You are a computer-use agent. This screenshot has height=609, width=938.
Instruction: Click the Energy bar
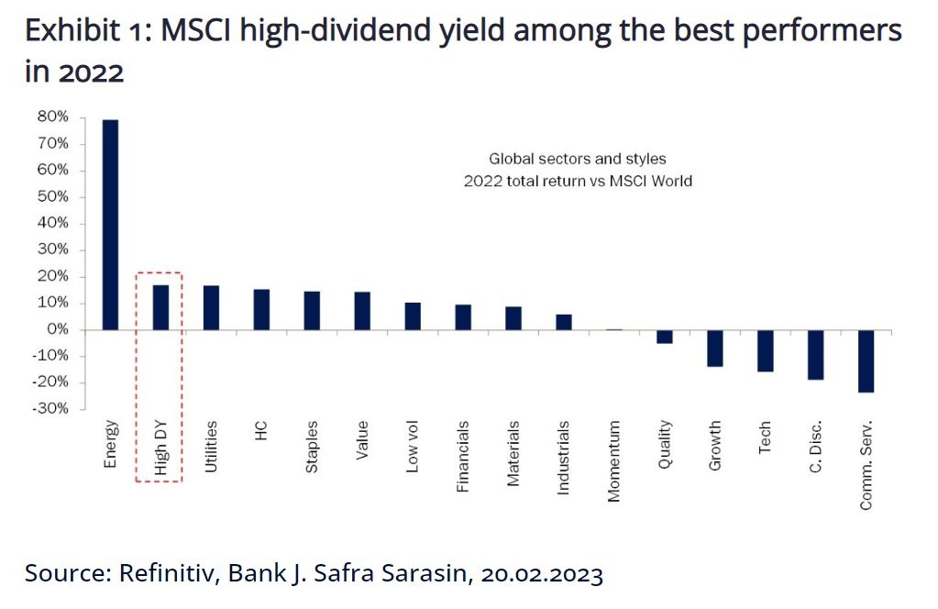[x=110, y=224]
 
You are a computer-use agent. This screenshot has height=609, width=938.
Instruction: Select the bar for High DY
[x=160, y=307]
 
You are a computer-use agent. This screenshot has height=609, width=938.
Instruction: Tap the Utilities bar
[x=211, y=307]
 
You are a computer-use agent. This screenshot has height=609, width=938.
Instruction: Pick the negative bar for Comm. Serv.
[x=866, y=360]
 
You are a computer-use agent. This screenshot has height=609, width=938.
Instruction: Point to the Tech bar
[x=766, y=350]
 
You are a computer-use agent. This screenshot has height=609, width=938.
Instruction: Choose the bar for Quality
[x=665, y=337]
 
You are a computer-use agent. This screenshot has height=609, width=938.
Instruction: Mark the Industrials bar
[x=564, y=322]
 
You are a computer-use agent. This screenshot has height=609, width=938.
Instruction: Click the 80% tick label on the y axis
[x=52, y=117]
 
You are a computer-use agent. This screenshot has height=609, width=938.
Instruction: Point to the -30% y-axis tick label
[x=50, y=409]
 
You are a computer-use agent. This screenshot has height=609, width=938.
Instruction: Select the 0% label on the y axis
[x=57, y=329]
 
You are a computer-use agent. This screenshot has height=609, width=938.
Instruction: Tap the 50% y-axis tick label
[x=52, y=197]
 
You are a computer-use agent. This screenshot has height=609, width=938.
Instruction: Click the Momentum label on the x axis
[x=614, y=460]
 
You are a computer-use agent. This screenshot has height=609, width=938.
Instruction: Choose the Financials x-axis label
[x=463, y=456]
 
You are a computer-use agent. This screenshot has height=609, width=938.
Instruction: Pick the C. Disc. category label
[x=816, y=449]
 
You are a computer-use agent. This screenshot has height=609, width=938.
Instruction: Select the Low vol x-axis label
[x=413, y=448]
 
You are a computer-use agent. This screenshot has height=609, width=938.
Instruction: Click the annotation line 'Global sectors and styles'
[x=578, y=160]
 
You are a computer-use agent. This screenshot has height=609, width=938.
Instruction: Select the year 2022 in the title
[x=90, y=72]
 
